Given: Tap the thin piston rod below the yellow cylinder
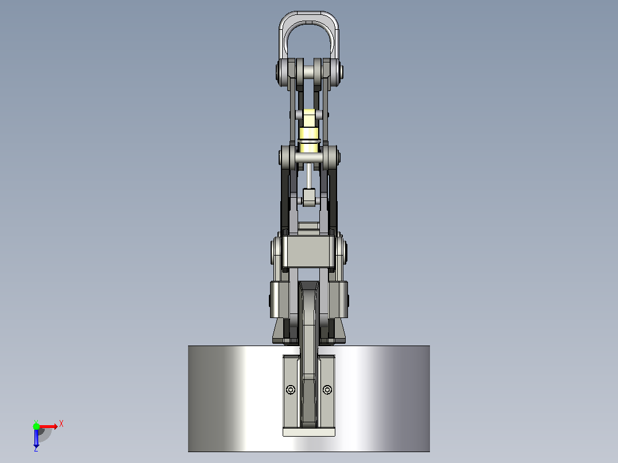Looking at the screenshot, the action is (309, 176).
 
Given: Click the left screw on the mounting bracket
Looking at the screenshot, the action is (291, 390).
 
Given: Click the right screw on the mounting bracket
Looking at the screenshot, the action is (327, 390).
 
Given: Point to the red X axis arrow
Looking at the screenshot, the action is (48, 426).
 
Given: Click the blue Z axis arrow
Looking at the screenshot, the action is (36, 438).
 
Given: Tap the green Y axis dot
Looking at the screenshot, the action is (36, 426).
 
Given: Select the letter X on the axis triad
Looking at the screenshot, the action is (61, 424).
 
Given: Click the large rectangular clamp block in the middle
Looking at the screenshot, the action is (308, 251).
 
